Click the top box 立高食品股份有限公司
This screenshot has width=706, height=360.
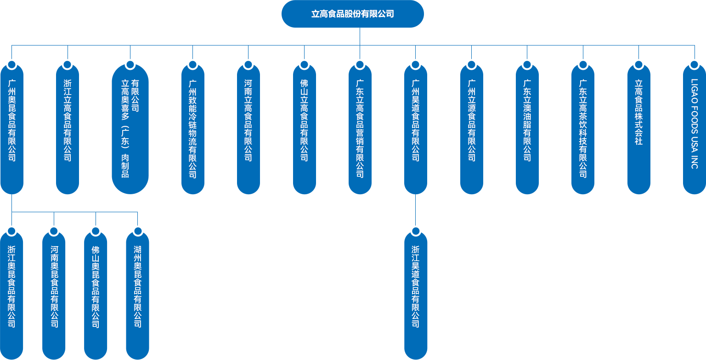click(352, 14)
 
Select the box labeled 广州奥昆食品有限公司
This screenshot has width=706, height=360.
click(12, 129)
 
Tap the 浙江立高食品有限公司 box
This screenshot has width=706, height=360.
click(68, 129)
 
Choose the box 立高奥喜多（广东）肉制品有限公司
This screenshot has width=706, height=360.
click(130, 129)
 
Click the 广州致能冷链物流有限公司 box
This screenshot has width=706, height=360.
click(192, 129)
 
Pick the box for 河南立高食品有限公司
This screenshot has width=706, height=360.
click(248, 129)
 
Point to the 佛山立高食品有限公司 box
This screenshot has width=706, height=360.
click(304, 129)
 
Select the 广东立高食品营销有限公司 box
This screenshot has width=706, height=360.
click(360, 129)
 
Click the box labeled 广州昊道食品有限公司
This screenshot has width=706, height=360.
click(415, 129)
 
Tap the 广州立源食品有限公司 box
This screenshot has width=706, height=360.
click(471, 129)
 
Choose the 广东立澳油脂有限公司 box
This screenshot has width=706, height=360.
click(527, 129)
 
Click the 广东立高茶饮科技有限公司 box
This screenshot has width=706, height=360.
click(582, 129)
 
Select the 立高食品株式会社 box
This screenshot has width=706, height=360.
click(638, 129)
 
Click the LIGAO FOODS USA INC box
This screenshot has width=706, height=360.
click(694, 129)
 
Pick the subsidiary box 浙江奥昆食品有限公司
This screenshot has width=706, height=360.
click(12, 294)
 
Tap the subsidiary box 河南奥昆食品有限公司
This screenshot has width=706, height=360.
click(54, 294)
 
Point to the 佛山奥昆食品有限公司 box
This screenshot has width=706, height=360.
click(96, 294)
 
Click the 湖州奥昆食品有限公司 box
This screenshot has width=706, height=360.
click(137, 294)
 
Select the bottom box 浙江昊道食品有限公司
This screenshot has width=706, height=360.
click(416, 294)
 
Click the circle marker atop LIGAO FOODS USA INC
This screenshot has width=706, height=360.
click(694, 65)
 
